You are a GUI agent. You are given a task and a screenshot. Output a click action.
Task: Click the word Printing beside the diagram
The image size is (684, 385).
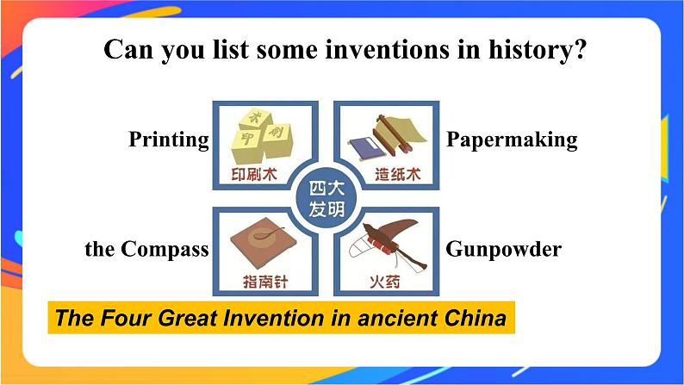(x=169, y=139)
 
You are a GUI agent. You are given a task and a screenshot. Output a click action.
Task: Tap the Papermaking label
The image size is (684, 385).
(x=511, y=139)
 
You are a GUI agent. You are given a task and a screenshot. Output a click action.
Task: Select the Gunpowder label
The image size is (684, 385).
(x=503, y=249)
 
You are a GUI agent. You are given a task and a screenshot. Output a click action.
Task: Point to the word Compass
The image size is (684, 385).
(x=165, y=249)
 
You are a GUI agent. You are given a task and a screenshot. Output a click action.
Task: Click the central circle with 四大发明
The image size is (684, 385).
(x=326, y=198)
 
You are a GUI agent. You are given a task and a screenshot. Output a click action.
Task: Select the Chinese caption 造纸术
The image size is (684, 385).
(x=397, y=175)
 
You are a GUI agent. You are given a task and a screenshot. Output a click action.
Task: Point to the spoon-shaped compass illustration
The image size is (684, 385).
(x=263, y=241)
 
